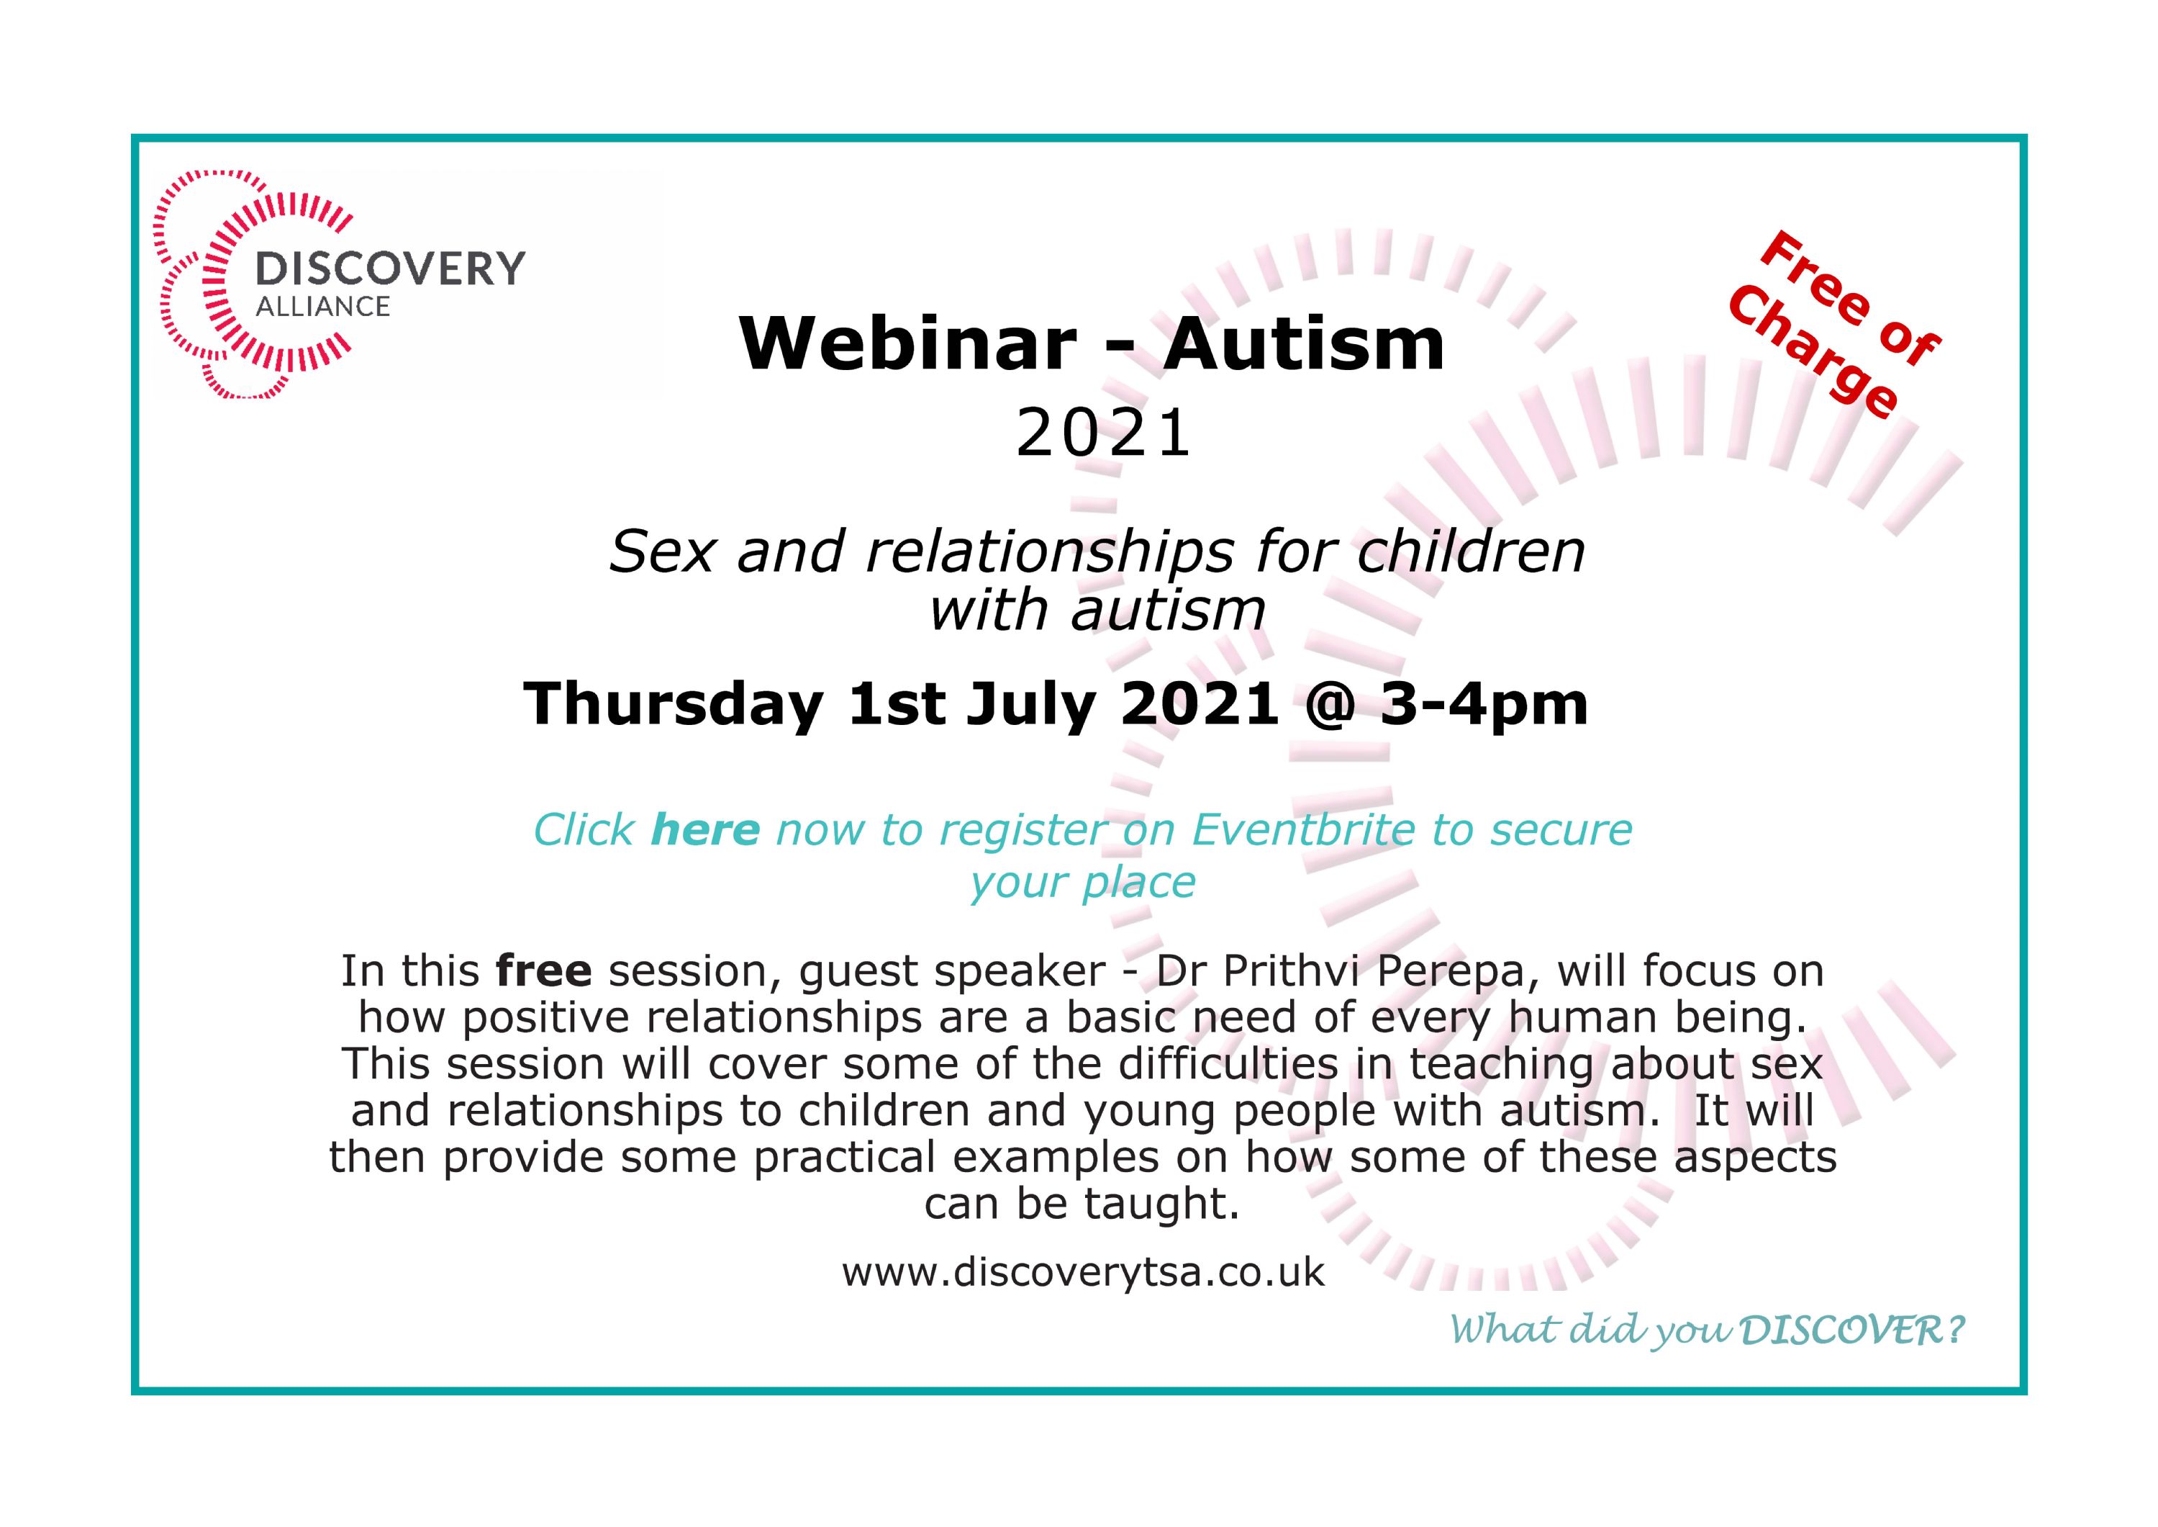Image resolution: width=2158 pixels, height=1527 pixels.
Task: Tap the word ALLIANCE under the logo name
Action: (322, 307)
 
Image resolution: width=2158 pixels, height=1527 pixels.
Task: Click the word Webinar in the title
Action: (908, 344)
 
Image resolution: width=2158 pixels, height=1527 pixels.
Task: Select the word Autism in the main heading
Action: (1304, 344)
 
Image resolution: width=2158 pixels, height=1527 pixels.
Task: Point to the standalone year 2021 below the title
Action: (1103, 434)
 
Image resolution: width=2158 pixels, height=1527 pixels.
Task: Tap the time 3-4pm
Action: (1484, 706)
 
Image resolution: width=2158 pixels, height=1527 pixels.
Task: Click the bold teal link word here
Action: (705, 829)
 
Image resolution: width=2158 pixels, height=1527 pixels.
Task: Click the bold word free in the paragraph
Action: (544, 970)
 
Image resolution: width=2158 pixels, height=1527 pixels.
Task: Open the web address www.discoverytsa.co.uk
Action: (1083, 1272)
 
